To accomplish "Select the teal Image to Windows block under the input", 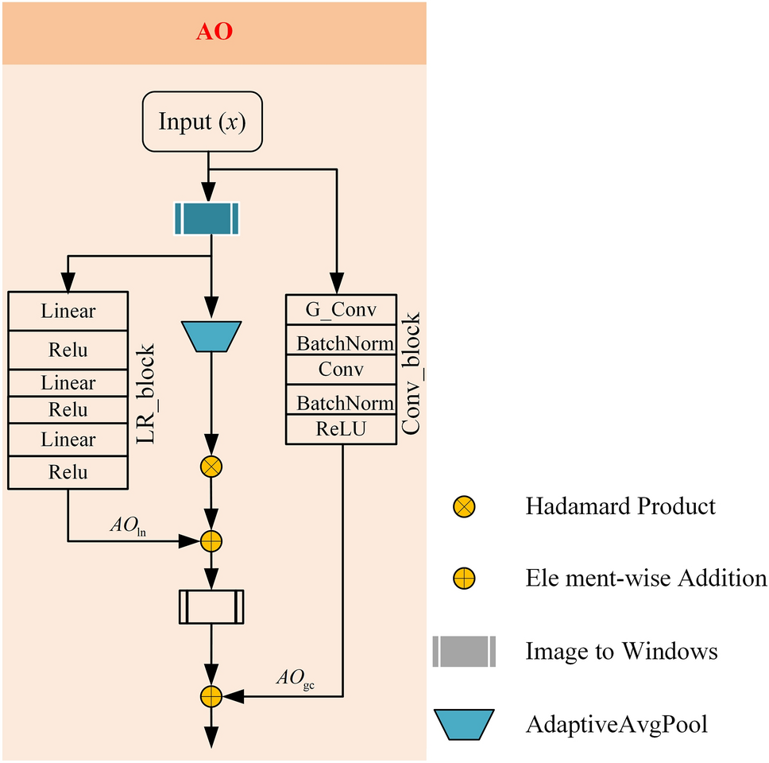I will point(207,219).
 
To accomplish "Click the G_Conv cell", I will point(341,309).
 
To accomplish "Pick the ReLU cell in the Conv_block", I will point(341,430).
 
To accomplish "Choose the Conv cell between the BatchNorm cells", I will point(341,370).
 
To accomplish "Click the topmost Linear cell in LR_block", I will point(68,311).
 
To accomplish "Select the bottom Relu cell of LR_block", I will point(68,472).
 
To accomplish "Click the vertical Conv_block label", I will point(412,374).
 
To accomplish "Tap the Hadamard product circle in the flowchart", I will point(211,467).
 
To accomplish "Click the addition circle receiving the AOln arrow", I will point(211,541).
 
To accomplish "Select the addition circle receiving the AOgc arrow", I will point(211,696).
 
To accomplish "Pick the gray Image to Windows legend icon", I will point(464,652).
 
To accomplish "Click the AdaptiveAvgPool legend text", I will point(616,725).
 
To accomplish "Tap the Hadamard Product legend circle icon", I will point(464,506).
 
